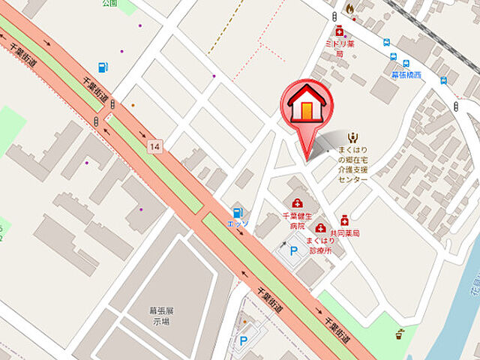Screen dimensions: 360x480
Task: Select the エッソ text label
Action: click(x=238, y=223)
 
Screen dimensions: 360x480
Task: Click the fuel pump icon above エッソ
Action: click(x=238, y=213)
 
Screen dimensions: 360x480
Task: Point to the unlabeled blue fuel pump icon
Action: click(x=103, y=67)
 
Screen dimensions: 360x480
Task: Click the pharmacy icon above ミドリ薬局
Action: click(x=340, y=31)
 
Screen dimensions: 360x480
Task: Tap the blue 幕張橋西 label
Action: click(x=406, y=75)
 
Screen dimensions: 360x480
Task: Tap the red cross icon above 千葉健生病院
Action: click(x=298, y=203)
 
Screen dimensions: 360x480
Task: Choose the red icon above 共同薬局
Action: click(x=344, y=220)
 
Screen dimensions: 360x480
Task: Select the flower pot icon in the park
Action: click(x=400, y=333)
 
